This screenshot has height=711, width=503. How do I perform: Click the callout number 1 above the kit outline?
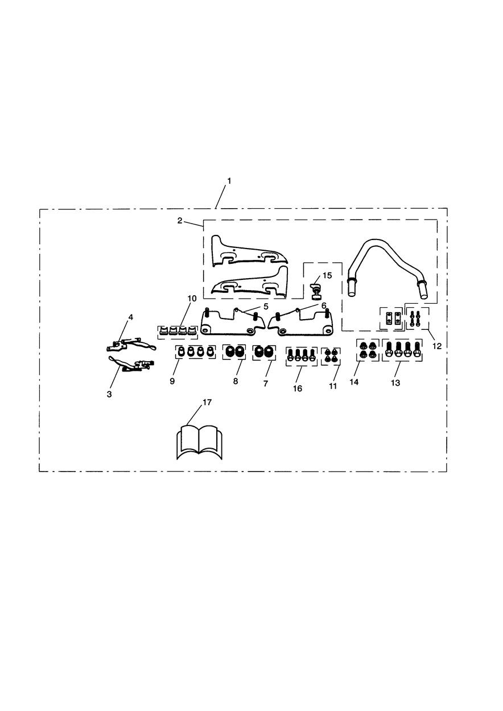click(229, 181)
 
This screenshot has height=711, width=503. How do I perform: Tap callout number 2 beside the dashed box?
click(180, 221)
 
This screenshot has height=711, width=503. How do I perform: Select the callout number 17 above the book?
click(207, 403)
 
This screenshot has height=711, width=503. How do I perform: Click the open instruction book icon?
click(199, 443)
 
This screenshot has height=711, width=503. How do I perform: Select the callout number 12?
click(437, 346)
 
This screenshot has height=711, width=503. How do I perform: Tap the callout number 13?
click(395, 383)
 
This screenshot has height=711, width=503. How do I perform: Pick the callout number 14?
click(354, 382)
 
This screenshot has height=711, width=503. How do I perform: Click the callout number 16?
click(298, 388)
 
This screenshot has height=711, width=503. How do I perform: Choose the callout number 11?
click(332, 386)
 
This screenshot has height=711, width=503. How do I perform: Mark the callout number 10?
click(192, 299)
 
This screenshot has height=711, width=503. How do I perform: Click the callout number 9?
click(172, 381)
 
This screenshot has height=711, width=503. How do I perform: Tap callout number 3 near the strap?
click(109, 394)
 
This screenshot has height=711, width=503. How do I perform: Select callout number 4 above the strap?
click(131, 317)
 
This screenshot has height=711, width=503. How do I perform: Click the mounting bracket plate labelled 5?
click(233, 322)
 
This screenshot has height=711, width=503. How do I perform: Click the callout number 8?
click(236, 381)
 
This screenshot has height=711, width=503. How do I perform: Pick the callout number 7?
click(266, 383)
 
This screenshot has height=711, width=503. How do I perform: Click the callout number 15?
click(327, 275)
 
